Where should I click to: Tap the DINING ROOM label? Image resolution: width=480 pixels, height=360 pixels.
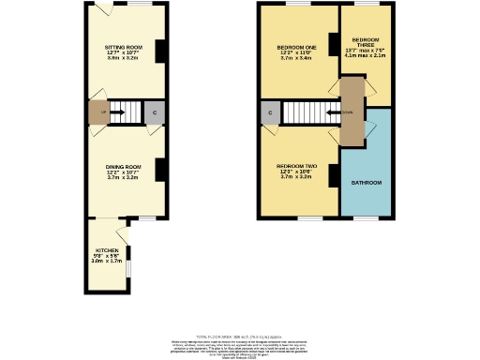pos(123,165)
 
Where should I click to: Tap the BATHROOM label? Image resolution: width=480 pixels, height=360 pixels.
pos(367,182)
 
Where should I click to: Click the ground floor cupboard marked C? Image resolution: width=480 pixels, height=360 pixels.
pos(155,112)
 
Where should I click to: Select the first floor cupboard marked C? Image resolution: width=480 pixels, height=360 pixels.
pos(270,112)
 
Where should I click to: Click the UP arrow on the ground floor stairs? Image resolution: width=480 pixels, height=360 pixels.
pos(120,112)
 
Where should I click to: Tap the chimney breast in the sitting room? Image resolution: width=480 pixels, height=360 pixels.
pos(160,50)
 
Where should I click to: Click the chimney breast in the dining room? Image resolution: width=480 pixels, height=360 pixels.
pos(160,170)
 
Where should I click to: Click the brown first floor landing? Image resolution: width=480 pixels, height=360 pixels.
pos(351,111)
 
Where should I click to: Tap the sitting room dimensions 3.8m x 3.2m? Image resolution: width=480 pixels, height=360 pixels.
pos(123,58)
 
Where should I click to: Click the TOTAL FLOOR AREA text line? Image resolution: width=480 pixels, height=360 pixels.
pos(240,336)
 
